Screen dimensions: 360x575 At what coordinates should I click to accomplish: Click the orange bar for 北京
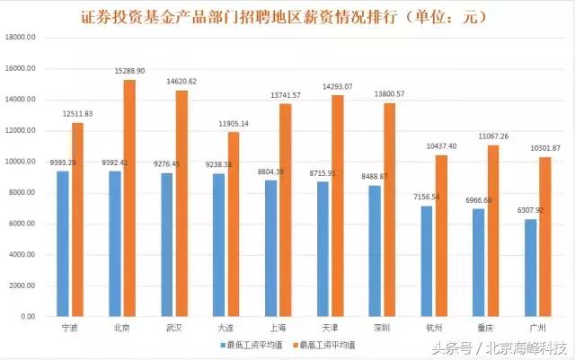click(129, 198)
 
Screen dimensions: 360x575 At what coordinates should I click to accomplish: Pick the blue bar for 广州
click(531, 268)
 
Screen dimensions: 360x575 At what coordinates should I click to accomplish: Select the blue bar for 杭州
click(427, 262)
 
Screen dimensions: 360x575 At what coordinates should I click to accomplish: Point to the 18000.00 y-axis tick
click(21, 38)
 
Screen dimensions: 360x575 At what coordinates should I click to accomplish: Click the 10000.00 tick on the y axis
click(21, 162)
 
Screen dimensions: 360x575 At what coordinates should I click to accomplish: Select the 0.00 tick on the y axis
click(27, 317)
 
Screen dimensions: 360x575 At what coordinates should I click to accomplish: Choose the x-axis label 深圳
click(384, 329)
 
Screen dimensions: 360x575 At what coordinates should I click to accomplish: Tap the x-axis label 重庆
click(488, 329)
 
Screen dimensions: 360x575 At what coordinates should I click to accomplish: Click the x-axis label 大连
click(227, 329)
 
